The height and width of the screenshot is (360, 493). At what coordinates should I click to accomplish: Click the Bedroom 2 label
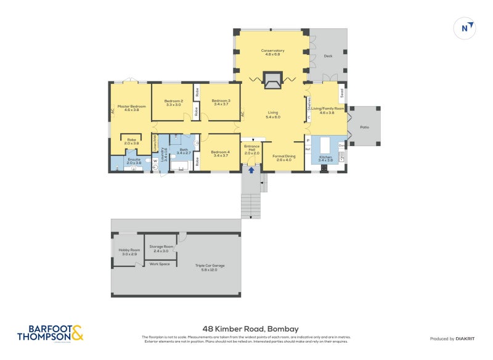tap(174, 102)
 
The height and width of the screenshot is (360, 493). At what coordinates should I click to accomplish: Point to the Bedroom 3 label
tap(220, 102)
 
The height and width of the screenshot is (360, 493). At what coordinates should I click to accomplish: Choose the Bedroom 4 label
tap(220, 153)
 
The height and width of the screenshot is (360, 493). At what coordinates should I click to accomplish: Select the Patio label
tap(365, 126)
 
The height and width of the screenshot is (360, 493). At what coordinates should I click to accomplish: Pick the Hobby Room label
tap(129, 252)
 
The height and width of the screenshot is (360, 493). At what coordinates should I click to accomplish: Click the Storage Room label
tap(161, 249)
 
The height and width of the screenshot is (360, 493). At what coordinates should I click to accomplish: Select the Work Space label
tap(160, 264)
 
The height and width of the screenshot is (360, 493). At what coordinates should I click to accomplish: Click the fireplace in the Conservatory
tap(272, 79)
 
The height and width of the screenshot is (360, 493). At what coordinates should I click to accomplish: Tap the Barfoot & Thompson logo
tap(50, 333)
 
